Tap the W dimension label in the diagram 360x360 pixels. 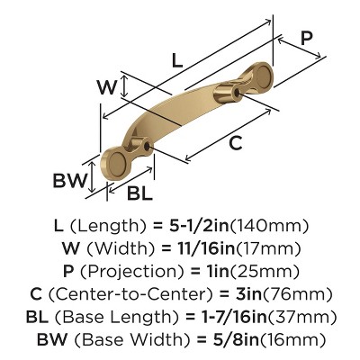click(106, 87)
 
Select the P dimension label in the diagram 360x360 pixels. click(307, 38)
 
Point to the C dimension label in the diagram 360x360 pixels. click(234, 142)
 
